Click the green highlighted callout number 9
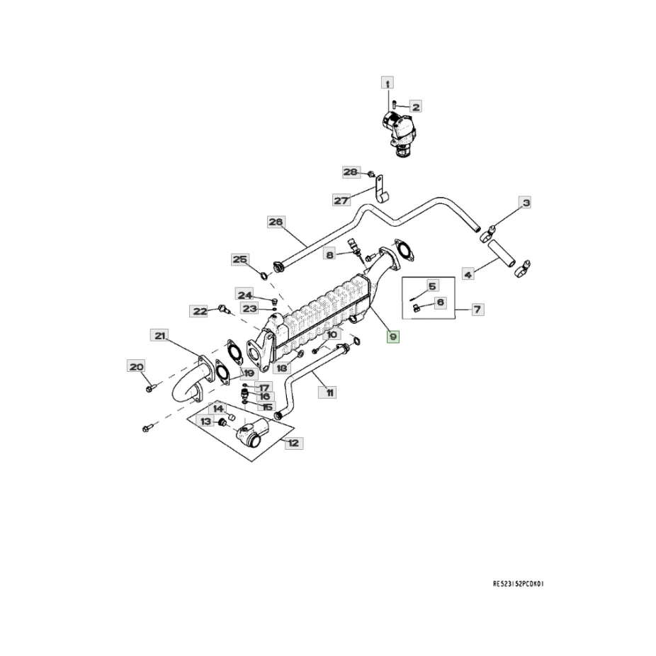pos(392,337)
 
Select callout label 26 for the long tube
pos(276,222)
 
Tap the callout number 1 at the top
pos(388,83)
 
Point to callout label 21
pos(159,335)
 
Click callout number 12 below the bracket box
pos(293,443)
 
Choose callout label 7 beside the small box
pos(477,309)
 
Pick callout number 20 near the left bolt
pos(135,366)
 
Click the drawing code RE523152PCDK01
pos(521,585)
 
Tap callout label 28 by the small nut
pos(351,172)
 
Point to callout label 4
pos(468,272)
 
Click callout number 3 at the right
pos(526,204)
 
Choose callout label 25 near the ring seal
pos(240,259)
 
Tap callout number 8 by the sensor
pos(329,254)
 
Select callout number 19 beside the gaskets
pos(249,373)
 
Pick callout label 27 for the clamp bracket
pos(341,200)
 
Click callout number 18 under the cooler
pos(281,368)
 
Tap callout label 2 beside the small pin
pos(416,107)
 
